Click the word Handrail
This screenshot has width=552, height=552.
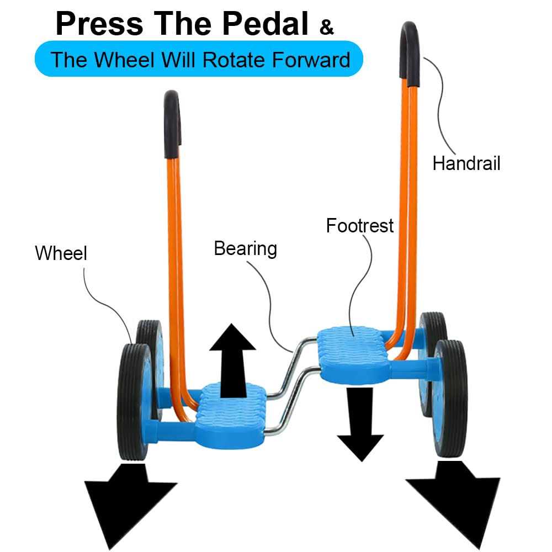(x=466, y=163)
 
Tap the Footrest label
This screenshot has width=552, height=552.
(x=360, y=225)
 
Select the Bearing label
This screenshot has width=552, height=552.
(x=245, y=248)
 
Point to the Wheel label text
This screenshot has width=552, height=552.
(x=61, y=253)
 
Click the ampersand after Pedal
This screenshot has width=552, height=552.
(x=327, y=27)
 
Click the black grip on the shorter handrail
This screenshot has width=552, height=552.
(x=172, y=116)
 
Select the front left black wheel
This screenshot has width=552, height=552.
(x=133, y=400)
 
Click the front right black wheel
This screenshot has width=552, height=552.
(x=450, y=397)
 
